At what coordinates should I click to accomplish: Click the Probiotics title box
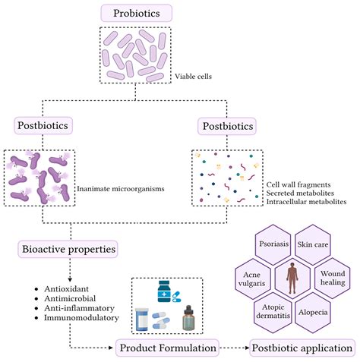[x=136, y=13]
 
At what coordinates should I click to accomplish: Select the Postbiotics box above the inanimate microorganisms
[x=44, y=124]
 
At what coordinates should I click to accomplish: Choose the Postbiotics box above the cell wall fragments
[x=226, y=124]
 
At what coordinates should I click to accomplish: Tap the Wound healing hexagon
[x=333, y=275]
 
